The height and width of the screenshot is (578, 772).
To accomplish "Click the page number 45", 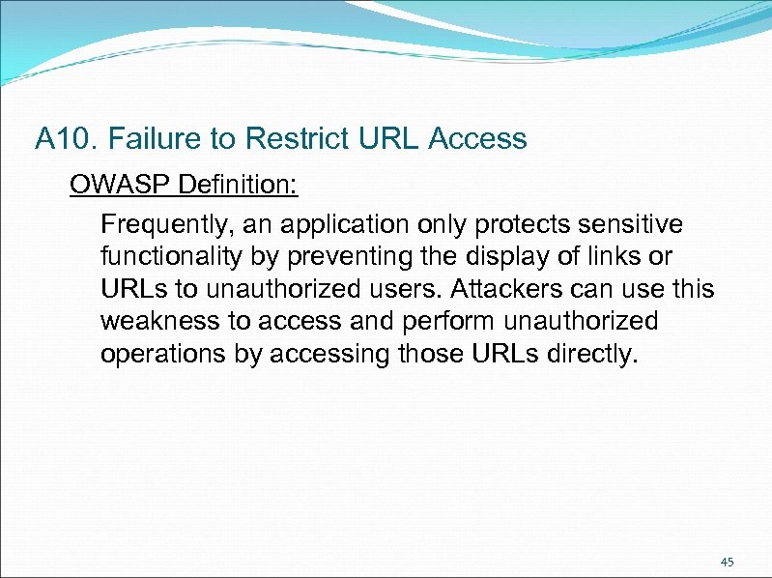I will coord(728,562).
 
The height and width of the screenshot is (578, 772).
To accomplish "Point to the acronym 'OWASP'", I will coord(108,184).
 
